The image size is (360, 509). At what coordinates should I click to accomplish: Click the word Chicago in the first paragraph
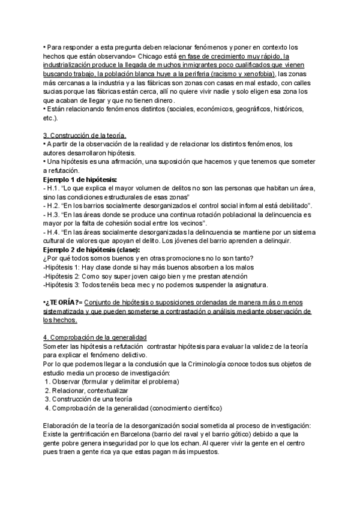(x=151, y=56)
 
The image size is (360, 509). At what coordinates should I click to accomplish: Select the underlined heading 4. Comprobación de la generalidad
(x=95, y=337)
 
